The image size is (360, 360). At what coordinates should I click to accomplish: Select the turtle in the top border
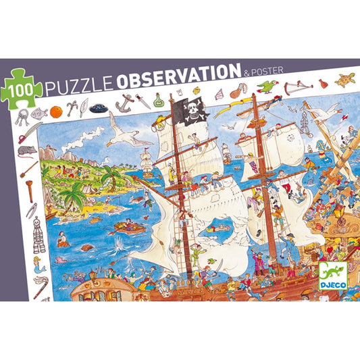point(345,79)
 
